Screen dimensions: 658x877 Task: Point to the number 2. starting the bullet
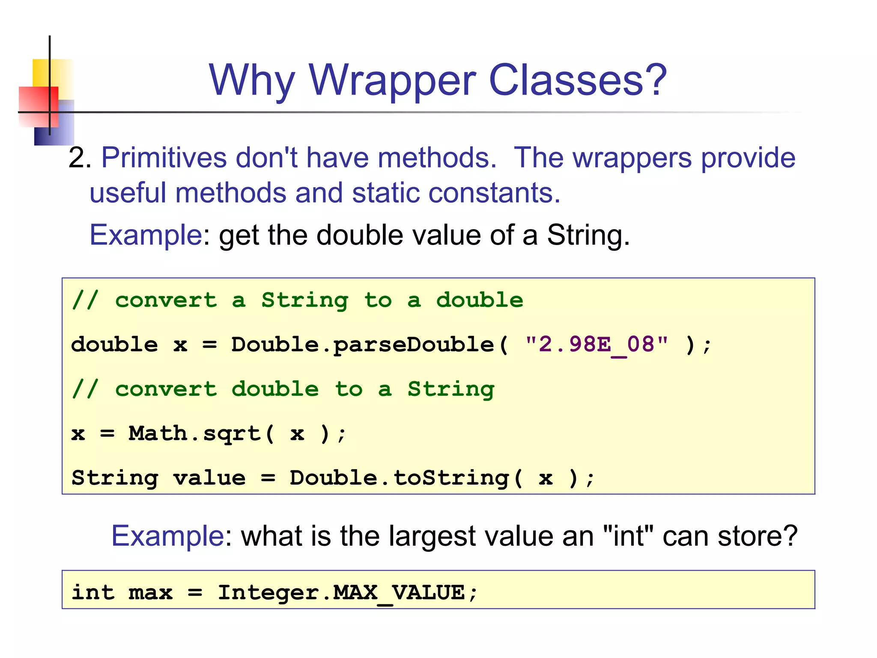click(x=80, y=158)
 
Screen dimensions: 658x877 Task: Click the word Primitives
click(x=164, y=158)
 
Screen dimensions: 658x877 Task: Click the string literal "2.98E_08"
click(x=597, y=344)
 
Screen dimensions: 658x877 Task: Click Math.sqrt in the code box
click(x=195, y=434)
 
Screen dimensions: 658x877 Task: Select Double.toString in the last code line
click(x=399, y=478)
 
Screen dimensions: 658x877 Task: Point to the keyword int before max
click(x=93, y=593)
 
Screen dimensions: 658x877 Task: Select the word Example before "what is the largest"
click(x=167, y=536)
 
